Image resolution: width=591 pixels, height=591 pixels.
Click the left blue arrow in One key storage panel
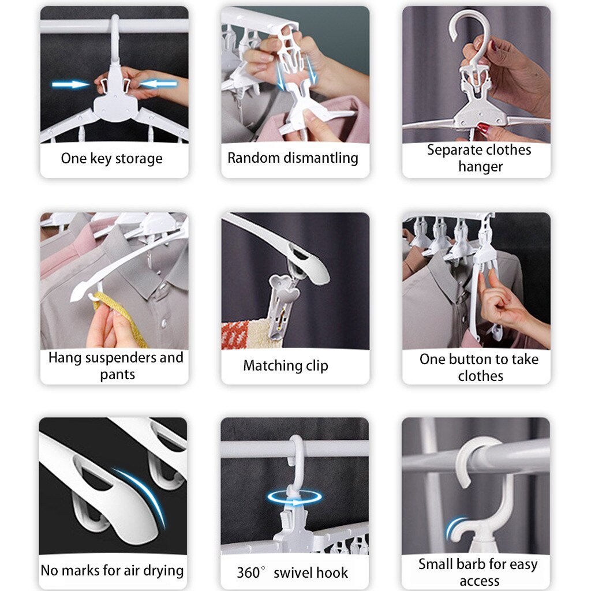[x=70, y=85]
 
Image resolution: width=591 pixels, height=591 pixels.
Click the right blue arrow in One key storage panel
[x=158, y=84]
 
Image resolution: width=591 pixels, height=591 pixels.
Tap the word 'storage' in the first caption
[x=139, y=159]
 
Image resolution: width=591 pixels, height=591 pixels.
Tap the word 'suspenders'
[x=119, y=358]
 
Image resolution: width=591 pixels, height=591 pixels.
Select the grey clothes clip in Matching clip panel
[x=283, y=300]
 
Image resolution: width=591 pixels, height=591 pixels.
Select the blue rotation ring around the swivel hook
[x=295, y=498]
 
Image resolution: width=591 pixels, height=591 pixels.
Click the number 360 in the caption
[x=248, y=573]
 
